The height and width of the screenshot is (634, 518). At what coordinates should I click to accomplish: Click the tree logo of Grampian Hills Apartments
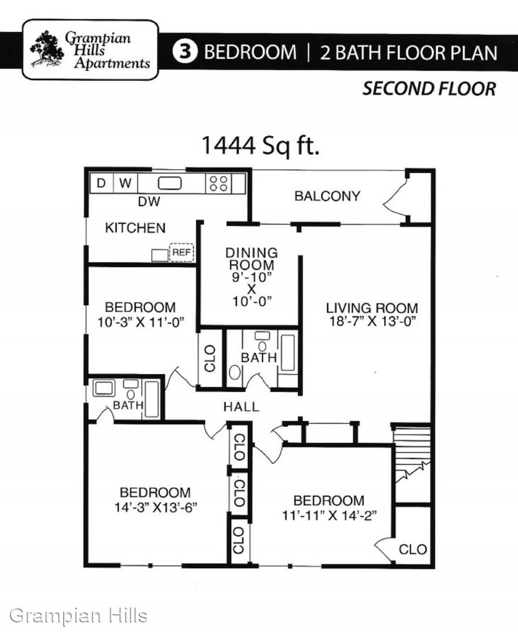click(x=47, y=49)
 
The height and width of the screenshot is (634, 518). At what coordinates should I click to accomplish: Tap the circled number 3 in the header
click(x=185, y=52)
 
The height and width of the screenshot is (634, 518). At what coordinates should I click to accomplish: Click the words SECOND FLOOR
click(x=429, y=89)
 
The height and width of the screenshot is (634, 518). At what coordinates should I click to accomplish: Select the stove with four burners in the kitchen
click(x=219, y=183)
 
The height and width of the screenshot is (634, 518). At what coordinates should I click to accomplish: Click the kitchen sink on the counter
click(x=170, y=183)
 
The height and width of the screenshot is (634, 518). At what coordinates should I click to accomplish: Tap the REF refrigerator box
click(x=181, y=252)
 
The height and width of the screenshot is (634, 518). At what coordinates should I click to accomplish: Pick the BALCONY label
click(x=327, y=196)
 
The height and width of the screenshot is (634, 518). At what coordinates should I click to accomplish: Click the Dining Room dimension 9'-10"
click(x=251, y=277)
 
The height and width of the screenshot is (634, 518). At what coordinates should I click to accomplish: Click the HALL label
click(x=241, y=407)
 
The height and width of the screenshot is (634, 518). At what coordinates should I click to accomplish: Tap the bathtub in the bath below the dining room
click(x=288, y=353)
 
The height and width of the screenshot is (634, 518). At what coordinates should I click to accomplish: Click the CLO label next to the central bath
click(x=210, y=358)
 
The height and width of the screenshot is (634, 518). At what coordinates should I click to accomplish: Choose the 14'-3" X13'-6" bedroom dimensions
click(x=155, y=507)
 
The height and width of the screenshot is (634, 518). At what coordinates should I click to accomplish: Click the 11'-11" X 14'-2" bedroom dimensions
click(x=329, y=515)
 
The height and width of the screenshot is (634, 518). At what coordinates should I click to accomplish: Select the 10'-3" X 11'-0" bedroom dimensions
click(x=141, y=322)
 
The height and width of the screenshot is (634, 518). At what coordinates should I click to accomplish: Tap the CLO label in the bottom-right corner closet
click(x=412, y=549)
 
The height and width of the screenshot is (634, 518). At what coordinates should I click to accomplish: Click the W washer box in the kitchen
click(x=126, y=183)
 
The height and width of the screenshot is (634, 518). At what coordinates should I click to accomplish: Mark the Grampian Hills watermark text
click(x=79, y=616)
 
